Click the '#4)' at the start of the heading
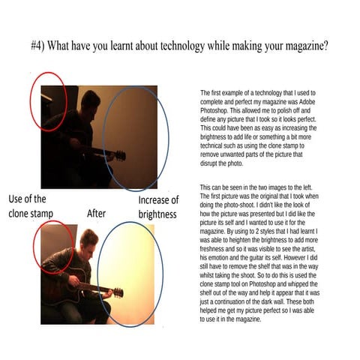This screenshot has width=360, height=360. point(40,45)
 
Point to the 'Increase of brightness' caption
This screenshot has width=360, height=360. point(157,207)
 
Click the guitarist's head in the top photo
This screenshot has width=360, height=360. point(89,100)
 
